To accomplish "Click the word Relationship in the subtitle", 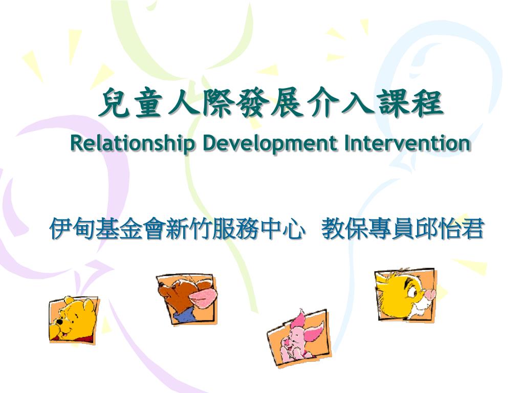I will pyautogui.click(x=133, y=143).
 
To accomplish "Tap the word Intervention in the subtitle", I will pyautogui.click(x=407, y=143).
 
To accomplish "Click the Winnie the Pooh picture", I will pyautogui.click(x=73, y=319).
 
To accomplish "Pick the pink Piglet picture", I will pyautogui.click(x=298, y=337).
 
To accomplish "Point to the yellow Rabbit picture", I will pyautogui.click(x=405, y=295).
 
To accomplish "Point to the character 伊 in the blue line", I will pyautogui.click(x=60, y=229).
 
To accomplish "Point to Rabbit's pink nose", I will pyautogui.click(x=430, y=295).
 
